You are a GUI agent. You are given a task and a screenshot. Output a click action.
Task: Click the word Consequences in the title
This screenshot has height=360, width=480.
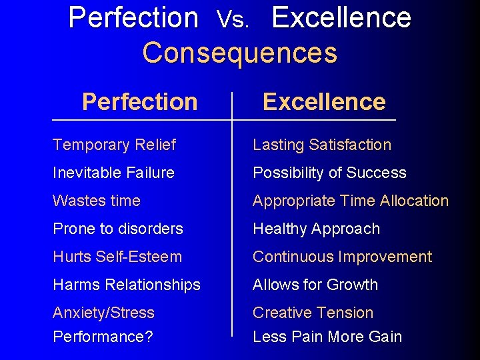pyautogui.click(x=239, y=53)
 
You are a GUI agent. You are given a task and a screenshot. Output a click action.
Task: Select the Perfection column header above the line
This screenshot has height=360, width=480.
pyautogui.click(x=139, y=102)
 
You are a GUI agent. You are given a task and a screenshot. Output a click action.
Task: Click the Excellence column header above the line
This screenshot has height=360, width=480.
pyautogui.click(x=324, y=102)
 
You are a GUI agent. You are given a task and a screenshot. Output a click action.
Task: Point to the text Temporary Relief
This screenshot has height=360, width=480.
pyautogui.click(x=114, y=145)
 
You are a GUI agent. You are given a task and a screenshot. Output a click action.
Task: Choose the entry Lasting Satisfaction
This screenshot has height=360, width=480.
pyautogui.click(x=322, y=145)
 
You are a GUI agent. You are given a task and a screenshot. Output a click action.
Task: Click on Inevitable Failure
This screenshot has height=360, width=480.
pyautogui.click(x=113, y=173)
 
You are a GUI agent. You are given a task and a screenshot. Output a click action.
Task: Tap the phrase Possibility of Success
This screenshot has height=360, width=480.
pyautogui.click(x=329, y=173)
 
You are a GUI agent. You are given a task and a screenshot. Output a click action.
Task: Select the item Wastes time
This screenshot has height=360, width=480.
pyautogui.click(x=97, y=201)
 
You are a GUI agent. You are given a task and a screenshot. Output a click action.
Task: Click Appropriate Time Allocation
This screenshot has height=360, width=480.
pyautogui.click(x=351, y=201)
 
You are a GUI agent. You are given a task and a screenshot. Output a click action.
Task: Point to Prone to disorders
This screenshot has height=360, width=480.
pyautogui.click(x=118, y=229)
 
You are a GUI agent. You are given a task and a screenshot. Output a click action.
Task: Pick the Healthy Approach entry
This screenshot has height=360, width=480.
pyautogui.click(x=316, y=229)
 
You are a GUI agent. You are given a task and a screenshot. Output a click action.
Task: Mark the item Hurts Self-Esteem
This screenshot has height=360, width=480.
pyautogui.click(x=117, y=257)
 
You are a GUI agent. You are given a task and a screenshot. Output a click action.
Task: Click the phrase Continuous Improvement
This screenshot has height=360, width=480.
pyautogui.click(x=342, y=257)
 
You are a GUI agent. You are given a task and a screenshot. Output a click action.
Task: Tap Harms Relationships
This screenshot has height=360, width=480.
pyautogui.click(x=127, y=285)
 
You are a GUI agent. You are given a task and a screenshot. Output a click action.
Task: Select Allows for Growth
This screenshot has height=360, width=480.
pyautogui.click(x=315, y=285)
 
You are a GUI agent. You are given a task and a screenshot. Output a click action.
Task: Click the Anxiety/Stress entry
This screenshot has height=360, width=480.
pyautogui.click(x=103, y=313)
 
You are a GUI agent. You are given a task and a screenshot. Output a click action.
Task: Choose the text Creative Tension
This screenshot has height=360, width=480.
pyautogui.click(x=313, y=313)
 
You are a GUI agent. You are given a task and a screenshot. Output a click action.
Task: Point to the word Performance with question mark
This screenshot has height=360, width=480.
pyautogui.click(x=103, y=337)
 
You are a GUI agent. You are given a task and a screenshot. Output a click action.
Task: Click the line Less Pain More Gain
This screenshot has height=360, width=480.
pyautogui.click(x=327, y=337)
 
